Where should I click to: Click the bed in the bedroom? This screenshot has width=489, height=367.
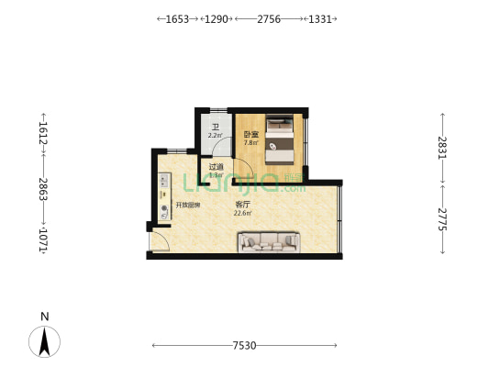click(280, 137)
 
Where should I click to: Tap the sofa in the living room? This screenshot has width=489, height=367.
click(270, 241)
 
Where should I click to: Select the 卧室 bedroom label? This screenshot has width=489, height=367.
click(250, 134)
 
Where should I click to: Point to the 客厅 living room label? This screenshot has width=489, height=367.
click(242, 204)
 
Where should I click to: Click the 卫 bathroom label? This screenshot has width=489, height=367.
click(215, 127)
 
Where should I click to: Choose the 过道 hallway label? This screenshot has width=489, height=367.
click(216, 166)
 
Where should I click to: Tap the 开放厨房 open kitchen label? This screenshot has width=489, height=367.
click(188, 205)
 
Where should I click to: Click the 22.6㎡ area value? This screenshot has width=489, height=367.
click(242, 213)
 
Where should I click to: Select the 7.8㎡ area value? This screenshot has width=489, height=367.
click(250, 143)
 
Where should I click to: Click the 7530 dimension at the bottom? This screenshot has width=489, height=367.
click(244, 346)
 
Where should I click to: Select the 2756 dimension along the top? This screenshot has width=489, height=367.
click(269, 18)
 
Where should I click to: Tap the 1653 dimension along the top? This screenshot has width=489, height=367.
click(177, 18)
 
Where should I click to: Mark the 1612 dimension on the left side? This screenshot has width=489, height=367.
click(43, 133)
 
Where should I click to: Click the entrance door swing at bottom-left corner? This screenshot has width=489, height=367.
click(159, 242)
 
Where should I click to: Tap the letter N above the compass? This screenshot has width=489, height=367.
click(44, 317)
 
